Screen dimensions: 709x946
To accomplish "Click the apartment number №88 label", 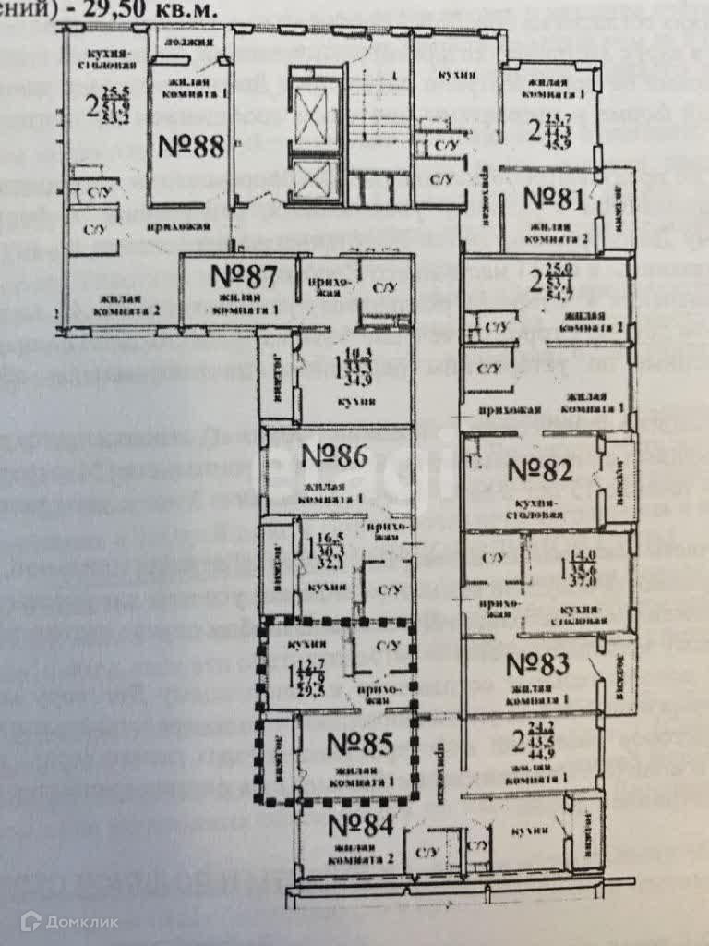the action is point(192,147).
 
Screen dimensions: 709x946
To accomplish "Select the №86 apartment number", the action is point(335,455).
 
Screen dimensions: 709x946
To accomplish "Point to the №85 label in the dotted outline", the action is point(360,744).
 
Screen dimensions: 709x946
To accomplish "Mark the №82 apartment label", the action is point(540,468).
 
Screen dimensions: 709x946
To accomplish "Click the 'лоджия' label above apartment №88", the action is point(192,42).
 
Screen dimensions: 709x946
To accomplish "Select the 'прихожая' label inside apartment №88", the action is point(178,226).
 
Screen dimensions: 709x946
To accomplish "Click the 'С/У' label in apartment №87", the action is point(383,287).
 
